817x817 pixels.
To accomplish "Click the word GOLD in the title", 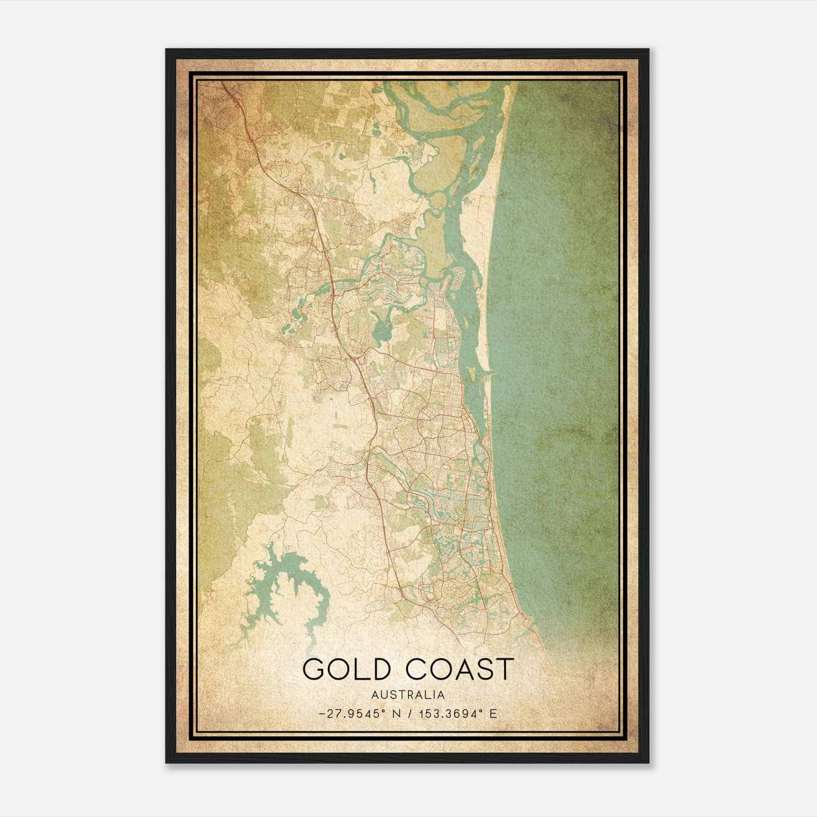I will (x=347, y=669).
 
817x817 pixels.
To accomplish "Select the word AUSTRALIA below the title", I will (x=407, y=695).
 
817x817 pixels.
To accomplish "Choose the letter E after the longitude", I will (x=493, y=713).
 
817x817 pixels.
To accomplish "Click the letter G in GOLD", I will (x=314, y=669).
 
